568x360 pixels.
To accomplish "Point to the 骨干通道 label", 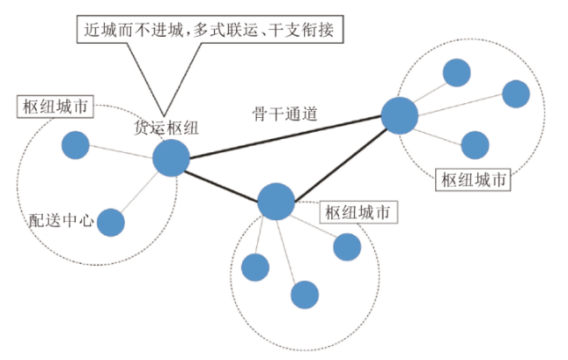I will tap(281, 113).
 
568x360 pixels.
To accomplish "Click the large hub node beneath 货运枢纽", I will tap(171, 159).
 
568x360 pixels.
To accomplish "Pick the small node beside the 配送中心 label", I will tap(110, 223).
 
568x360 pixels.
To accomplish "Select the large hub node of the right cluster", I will tap(399, 115).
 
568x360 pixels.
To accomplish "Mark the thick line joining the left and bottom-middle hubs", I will tap(224, 180).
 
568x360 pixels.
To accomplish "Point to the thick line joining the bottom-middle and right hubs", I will tap(337, 158).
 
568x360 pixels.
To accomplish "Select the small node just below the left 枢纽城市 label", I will tap(75, 145).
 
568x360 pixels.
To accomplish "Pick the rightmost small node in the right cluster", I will tap(516, 93).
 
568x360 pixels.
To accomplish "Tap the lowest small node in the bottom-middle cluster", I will tap(304, 294).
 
